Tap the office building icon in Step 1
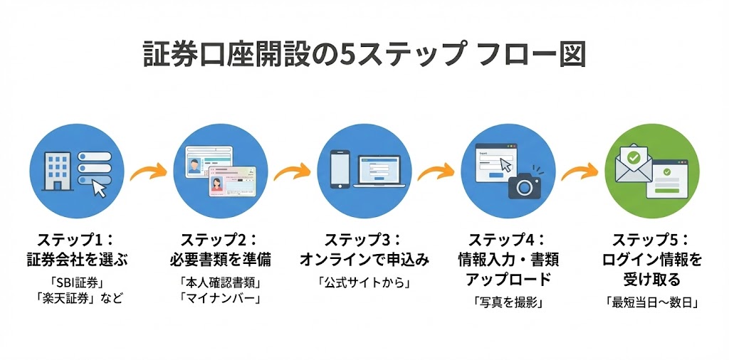pos(56,169)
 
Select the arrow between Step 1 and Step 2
pos(147,171)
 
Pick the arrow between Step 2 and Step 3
pos(292,171)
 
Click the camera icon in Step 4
pos(525,185)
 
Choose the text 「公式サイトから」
pos(364,282)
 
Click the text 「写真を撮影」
pos(508,302)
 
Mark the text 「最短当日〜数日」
pos(651,302)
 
